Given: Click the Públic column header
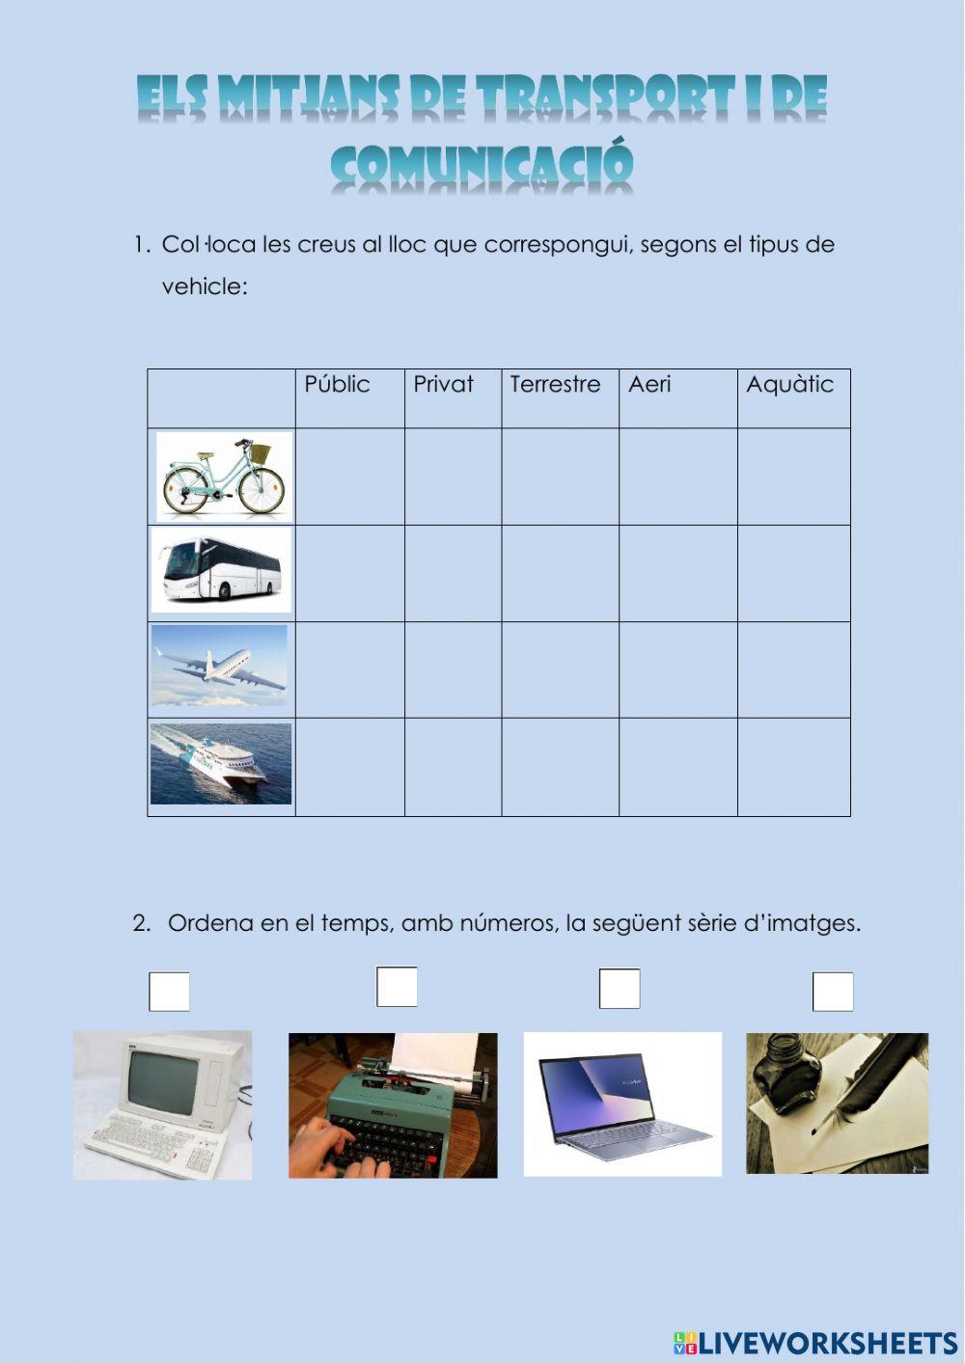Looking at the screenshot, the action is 337,384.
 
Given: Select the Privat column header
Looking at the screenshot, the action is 443,384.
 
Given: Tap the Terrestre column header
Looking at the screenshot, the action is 555,384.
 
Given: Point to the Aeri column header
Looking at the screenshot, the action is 649,384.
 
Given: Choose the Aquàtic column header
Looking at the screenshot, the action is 789,385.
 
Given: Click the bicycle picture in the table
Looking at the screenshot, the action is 224,477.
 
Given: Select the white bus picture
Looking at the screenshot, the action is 221,569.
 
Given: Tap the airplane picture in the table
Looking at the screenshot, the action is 219,665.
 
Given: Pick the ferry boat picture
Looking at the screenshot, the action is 221,764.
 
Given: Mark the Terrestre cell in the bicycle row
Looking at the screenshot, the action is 560,477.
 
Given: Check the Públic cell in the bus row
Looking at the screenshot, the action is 350,573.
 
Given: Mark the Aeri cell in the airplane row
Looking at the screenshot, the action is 678,670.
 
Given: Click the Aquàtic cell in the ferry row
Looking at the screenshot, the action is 794,767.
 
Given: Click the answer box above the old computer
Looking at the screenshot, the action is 169,992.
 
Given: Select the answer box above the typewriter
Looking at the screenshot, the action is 397,987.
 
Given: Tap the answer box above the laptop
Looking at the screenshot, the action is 620,988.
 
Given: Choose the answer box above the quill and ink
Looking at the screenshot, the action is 833,992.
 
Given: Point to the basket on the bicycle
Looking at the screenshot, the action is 261,452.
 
